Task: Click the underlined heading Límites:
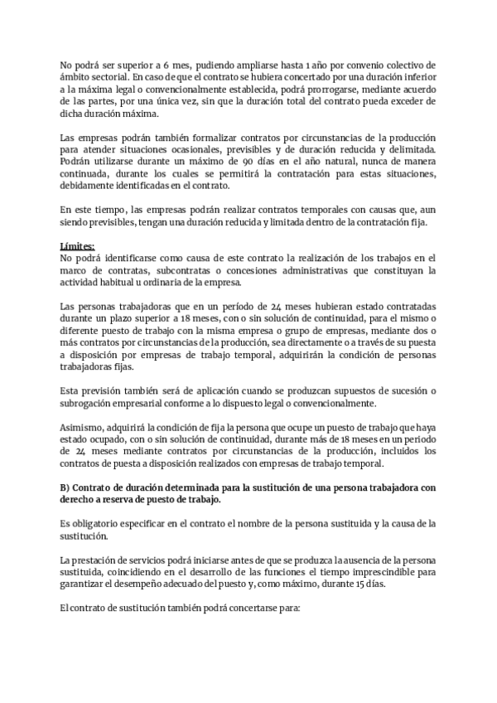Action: tap(78, 246)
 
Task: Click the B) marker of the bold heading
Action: tap(66, 487)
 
